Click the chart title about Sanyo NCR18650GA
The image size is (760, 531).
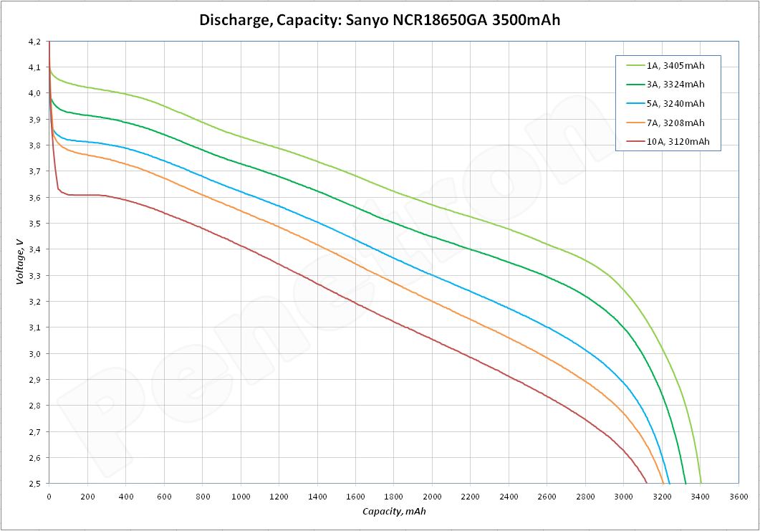click(380, 19)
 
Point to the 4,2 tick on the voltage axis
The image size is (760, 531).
click(34, 42)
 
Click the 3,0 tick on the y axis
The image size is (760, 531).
click(34, 354)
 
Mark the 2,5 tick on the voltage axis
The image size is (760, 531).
click(34, 484)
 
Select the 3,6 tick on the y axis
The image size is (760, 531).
click(34, 198)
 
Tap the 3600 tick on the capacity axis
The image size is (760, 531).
click(739, 496)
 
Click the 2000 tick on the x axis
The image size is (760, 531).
click(432, 496)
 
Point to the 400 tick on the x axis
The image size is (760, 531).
click(125, 496)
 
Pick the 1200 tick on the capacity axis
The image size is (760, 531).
click(279, 496)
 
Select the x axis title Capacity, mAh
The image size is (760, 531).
click(393, 512)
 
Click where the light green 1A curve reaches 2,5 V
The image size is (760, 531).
click(701, 482)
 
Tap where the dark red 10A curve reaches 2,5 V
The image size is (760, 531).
click(647, 482)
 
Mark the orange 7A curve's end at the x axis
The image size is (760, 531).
click(663, 482)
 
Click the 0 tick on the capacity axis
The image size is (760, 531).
click(49, 496)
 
